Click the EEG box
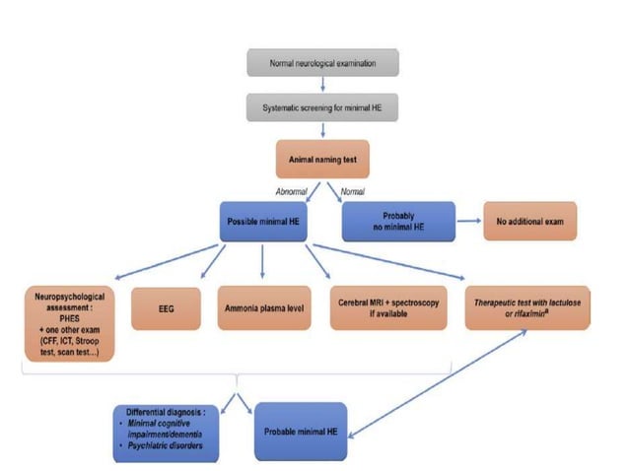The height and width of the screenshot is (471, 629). click(166, 308)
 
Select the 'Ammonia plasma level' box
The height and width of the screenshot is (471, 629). click(262, 308)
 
